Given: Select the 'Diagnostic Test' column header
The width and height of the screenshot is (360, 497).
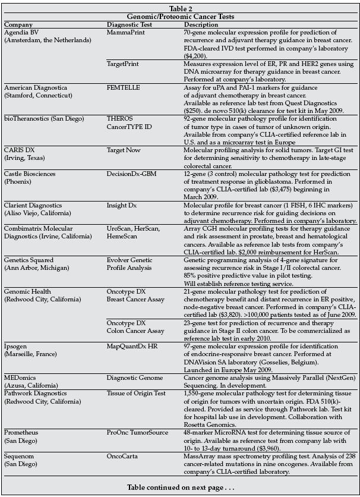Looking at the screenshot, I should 130,25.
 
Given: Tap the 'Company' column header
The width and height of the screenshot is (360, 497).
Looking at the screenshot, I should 18,25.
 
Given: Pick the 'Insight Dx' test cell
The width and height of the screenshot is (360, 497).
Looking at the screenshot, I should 122,203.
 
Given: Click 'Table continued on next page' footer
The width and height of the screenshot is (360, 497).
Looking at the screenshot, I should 180,487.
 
